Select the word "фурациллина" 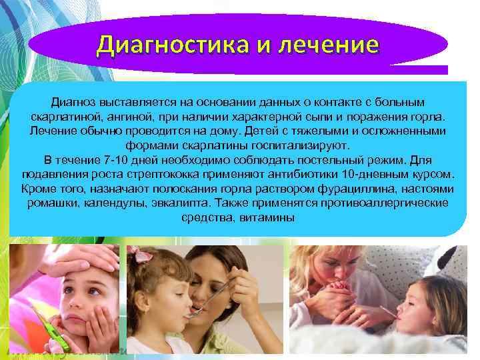[365, 189]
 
